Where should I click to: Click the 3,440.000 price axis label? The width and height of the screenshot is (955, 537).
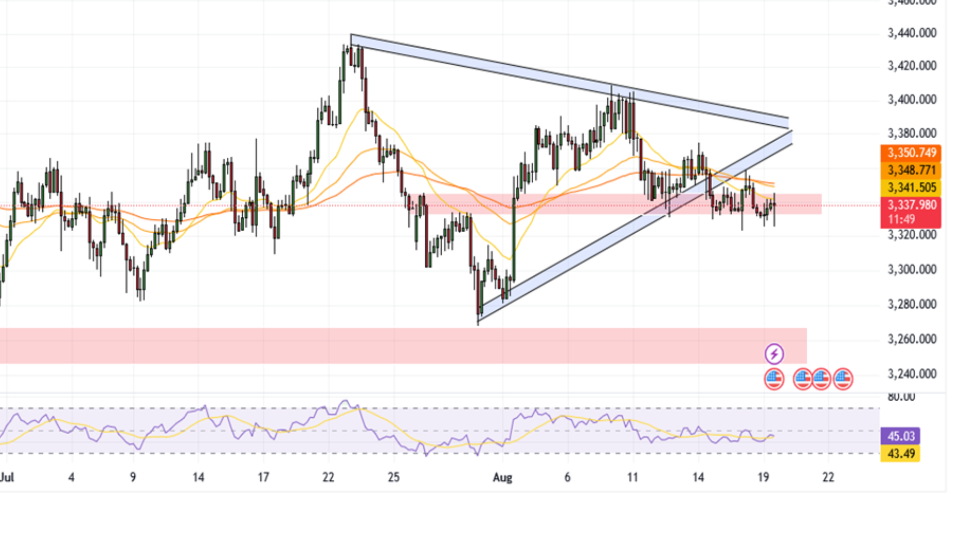[x=912, y=33]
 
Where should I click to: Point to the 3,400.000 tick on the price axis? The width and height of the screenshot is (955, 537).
[x=912, y=99]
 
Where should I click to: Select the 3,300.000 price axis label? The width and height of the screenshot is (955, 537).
[x=912, y=269]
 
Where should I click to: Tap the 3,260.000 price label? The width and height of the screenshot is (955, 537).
[x=912, y=339]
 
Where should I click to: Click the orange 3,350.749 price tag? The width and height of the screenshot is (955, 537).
[x=911, y=153]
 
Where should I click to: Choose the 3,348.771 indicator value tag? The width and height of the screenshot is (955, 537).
[x=911, y=170]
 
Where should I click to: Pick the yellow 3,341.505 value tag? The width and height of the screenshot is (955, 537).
[x=911, y=187]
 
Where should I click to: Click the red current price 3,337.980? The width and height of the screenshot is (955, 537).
[x=911, y=205]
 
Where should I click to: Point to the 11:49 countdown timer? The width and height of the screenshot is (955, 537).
[x=902, y=219]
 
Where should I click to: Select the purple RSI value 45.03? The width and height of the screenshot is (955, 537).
[x=901, y=436]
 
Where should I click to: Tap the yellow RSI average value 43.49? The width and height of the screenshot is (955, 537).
[x=901, y=453]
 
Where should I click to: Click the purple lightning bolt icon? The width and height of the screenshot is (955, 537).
[x=774, y=354]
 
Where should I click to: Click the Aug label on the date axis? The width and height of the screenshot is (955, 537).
[x=502, y=477]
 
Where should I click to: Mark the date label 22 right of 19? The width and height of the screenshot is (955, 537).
[x=828, y=477]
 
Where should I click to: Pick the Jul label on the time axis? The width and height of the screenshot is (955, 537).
[x=7, y=477]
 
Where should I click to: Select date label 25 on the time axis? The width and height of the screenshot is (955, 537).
[x=393, y=477]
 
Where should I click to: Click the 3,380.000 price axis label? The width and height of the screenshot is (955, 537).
[x=912, y=133]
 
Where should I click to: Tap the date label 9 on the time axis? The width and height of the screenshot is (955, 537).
[x=133, y=477]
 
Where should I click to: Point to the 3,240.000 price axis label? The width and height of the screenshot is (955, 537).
[x=912, y=374]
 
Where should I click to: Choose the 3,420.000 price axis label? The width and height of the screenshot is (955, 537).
[x=912, y=66]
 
